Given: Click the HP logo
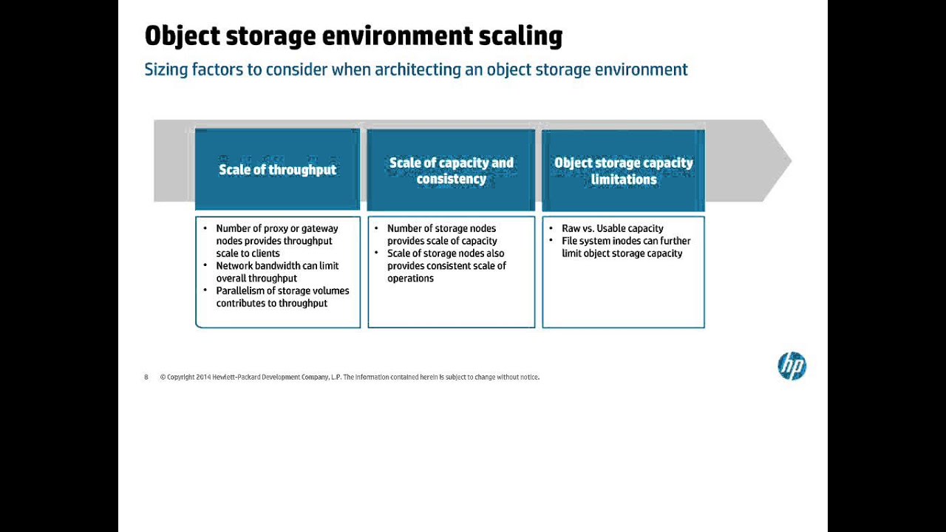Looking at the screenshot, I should [792, 366].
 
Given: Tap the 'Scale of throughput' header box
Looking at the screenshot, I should [277, 170].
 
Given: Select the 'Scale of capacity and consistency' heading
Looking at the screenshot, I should [451, 171].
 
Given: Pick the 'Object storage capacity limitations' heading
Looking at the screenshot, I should [623, 171].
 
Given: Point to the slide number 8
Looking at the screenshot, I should [146, 377].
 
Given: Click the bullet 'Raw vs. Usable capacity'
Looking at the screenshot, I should [612, 228].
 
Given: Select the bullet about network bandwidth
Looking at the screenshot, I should [277, 272].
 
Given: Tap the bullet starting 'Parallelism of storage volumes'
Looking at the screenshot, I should [282, 297].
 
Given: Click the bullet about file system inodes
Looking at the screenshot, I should [625, 247].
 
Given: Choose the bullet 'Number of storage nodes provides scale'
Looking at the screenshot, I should [442, 234].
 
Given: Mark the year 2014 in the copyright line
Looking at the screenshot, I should [203, 377].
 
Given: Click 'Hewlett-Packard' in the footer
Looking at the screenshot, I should [236, 377].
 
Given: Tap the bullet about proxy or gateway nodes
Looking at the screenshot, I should [276, 241].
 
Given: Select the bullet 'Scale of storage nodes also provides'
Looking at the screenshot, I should [446, 265].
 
